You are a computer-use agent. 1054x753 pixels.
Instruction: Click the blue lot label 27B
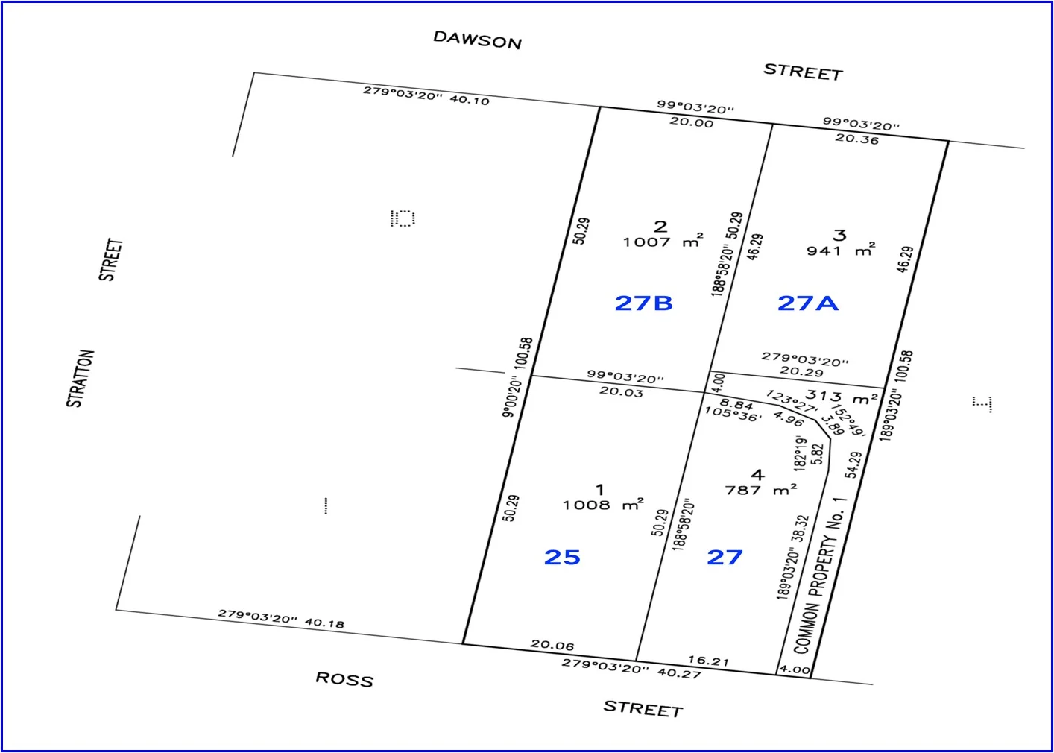coord(643,303)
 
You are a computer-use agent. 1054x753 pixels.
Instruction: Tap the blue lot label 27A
coord(807,303)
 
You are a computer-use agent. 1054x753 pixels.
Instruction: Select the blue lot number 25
coord(562,558)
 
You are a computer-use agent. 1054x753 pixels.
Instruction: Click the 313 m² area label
coord(841,397)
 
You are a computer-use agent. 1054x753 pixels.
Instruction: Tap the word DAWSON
coord(477,40)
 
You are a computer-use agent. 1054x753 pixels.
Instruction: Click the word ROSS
coord(344,678)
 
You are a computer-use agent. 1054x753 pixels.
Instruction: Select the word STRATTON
coord(81,378)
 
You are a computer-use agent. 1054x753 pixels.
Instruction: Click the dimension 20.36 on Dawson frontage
coord(856,139)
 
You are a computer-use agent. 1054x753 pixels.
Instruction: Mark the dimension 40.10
coord(470,100)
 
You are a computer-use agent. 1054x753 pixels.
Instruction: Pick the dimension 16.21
coord(708,661)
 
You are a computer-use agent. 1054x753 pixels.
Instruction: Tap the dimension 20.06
coord(552,645)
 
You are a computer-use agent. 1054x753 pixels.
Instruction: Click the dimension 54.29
coord(853,465)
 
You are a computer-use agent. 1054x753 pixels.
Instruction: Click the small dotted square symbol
coord(403,218)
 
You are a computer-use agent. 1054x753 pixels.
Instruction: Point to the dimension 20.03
coord(621,391)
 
